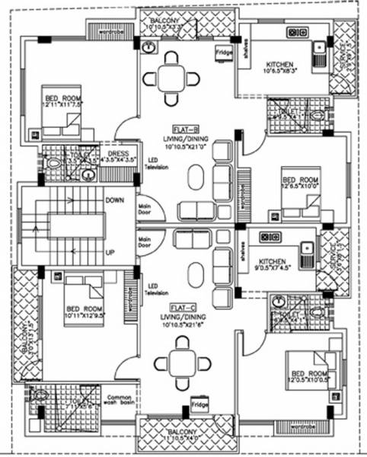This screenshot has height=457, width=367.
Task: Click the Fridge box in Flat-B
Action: (x=223, y=53)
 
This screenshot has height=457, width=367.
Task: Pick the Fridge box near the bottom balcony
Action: (x=200, y=401)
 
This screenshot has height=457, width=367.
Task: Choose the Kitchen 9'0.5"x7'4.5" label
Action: (x=276, y=261)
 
